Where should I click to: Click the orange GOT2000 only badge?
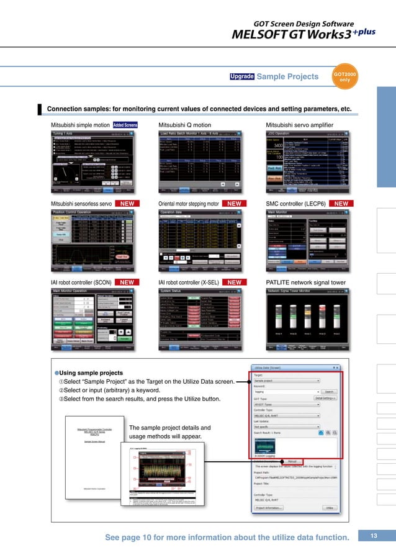click(x=345, y=76)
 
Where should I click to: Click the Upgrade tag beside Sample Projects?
click(x=241, y=77)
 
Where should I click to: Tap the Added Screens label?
click(x=125, y=125)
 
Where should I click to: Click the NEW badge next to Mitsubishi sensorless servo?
click(x=127, y=203)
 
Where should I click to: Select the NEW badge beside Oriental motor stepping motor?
click(x=234, y=203)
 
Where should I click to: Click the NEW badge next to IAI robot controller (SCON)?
click(x=127, y=282)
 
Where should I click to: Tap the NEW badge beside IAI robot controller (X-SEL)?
click(x=234, y=282)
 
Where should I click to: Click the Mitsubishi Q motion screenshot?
click(x=198, y=163)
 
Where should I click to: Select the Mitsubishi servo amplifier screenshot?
click(x=305, y=163)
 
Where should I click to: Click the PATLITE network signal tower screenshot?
click(x=305, y=319)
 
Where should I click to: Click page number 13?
click(x=374, y=535)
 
